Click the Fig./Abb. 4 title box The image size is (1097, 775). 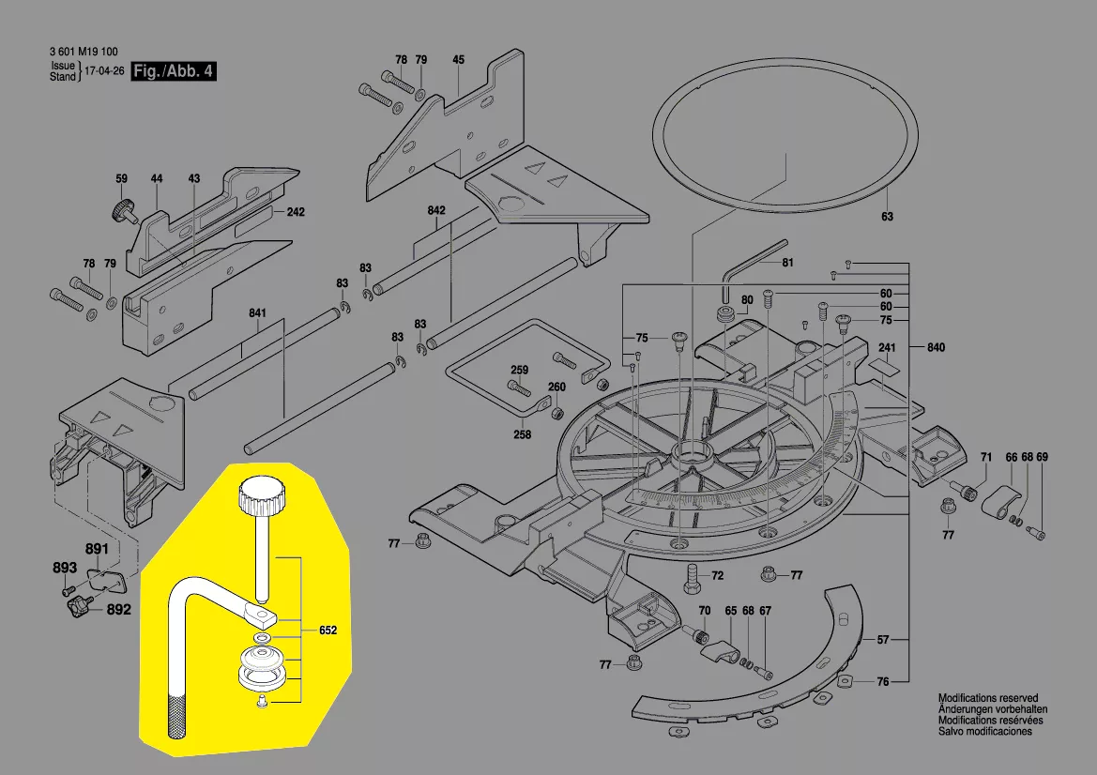tap(174, 72)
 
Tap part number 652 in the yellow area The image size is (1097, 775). tap(328, 631)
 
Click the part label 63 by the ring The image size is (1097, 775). tap(887, 217)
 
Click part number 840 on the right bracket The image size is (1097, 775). tap(935, 347)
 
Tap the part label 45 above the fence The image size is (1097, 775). tap(458, 60)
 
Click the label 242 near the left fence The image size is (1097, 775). tap(296, 212)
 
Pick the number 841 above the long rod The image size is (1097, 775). tap(258, 312)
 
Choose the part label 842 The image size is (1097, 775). tap(435, 210)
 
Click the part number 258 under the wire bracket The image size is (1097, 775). tap(522, 434)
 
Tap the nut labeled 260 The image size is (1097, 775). tap(556, 412)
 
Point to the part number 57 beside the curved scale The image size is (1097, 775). tap(882, 640)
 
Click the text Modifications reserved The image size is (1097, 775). tap(988, 698)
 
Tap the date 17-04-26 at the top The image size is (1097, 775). tap(105, 71)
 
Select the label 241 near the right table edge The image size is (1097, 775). tap(887, 348)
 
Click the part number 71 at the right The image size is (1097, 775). tap(985, 457)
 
